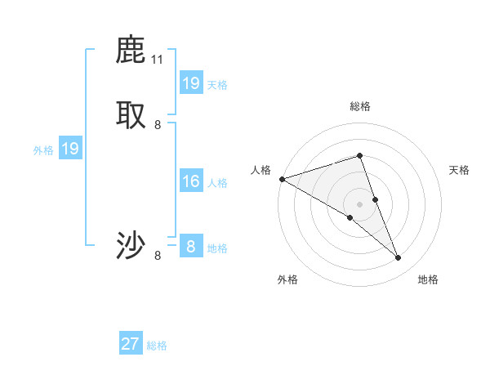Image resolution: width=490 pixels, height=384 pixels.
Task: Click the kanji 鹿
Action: pyautogui.click(x=131, y=50)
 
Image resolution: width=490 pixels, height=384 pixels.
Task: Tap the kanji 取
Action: pyautogui.click(x=131, y=115)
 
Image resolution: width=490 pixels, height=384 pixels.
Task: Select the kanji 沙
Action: pyautogui.click(x=131, y=245)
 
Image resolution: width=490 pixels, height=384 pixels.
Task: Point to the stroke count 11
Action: pyautogui.click(x=158, y=60)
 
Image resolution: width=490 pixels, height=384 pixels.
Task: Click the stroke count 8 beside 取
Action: pyautogui.click(x=158, y=125)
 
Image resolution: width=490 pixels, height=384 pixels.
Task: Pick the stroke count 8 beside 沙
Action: pyautogui.click(x=158, y=256)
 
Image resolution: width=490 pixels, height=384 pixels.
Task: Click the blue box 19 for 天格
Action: pyautogui.click(x=191, y=83)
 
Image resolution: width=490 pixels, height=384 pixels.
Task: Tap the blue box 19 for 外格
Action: pyautogui.click(x=70, y=149)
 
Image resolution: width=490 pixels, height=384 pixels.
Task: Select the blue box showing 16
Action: pyautogui.click(x=191, y=181)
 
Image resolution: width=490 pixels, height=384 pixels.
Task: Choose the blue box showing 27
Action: pyautogui.click(x=131, y=344)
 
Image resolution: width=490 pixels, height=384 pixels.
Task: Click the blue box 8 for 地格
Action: pyautogui.click(x=191, y=246)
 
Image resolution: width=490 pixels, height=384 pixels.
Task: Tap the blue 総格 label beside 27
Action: pyautogui.click(x=158, y=346)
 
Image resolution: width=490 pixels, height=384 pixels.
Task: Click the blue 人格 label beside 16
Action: pyautogui.click(x=218, y=183)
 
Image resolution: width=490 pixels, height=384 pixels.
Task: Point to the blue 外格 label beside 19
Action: pyautogui.click(x=43, y=150)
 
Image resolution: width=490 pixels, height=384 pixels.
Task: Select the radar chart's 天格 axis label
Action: pyautogui.click(x=460, y=170)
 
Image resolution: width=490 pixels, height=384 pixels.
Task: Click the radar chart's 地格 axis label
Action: pyautogui.click(x=428, y=279)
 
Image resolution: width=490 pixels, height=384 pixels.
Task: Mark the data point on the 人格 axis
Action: pyautogui.click(x=282, y=179)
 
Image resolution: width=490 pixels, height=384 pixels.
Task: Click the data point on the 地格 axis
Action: pyautogui.click(x=399, y=258)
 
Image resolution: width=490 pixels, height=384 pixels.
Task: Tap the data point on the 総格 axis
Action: pyautogui.click(x=359, y=155)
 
